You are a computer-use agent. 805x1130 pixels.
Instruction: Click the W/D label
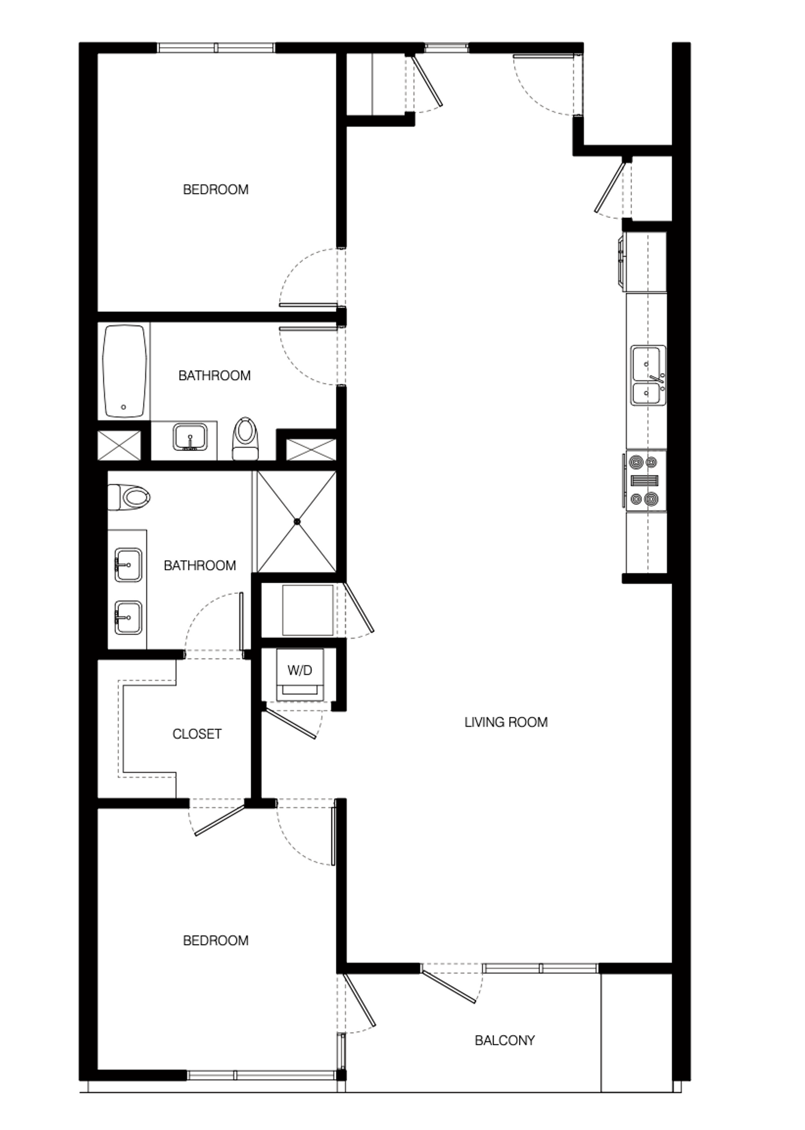300,670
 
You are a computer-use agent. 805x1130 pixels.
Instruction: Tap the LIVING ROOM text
505,722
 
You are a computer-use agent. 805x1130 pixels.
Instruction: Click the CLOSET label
197,734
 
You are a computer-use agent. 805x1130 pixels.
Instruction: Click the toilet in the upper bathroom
246,438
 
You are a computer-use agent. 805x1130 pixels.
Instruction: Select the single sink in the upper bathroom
190,437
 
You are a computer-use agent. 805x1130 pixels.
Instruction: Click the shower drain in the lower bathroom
297,521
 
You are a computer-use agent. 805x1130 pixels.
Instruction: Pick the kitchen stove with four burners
645,481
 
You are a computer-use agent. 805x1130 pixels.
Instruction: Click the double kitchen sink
648,375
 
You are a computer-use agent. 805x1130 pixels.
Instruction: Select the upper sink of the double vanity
128,565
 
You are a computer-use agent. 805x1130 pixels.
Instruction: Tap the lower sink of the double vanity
128,617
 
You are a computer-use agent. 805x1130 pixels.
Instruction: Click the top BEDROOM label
215,190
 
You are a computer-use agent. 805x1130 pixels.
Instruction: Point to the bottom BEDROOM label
215,940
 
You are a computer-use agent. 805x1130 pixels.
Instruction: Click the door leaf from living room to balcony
449,986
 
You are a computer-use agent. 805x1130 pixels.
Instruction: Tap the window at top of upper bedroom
216,48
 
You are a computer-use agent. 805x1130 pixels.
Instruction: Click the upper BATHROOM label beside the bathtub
214,375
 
